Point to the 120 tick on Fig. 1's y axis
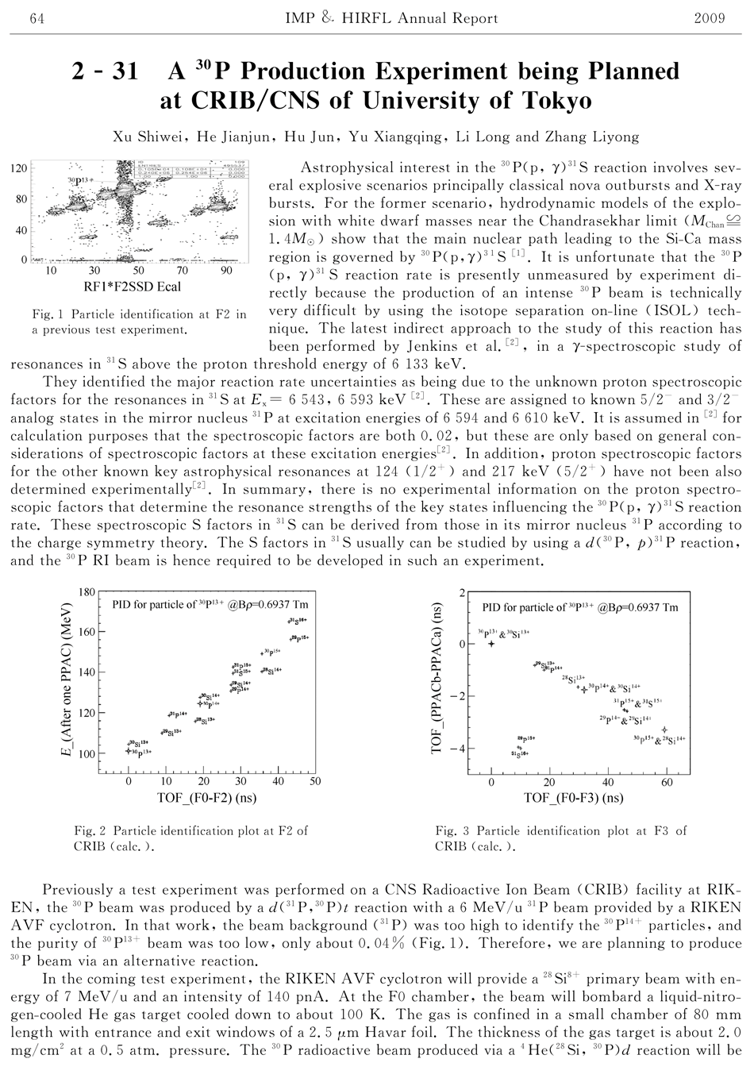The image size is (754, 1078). pyautogui.click(x=17, y=168)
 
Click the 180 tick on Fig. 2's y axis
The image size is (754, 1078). pyautogui.click(x=86, y=592)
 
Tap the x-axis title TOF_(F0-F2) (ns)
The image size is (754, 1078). pyautogui.click(x=221, y=799)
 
